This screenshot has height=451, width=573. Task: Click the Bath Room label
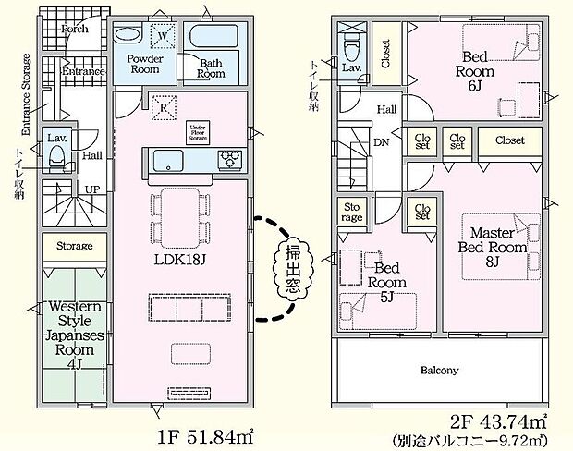point(212,67)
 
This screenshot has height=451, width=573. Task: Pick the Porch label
point(74,29)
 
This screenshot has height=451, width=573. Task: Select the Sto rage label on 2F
point(352,212)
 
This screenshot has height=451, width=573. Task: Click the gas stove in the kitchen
point(228,159)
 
